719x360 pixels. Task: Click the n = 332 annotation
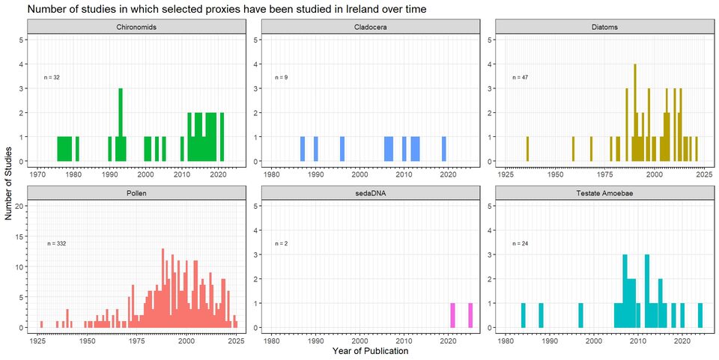tap(58, 243)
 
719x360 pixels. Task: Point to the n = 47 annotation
tap(521, 77)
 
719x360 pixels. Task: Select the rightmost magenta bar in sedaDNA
tap(470, 315)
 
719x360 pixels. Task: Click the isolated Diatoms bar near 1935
tap(527, 149)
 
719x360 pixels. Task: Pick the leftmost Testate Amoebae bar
tap(523, 315)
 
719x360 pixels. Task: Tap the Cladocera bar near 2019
tap(444, 149)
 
